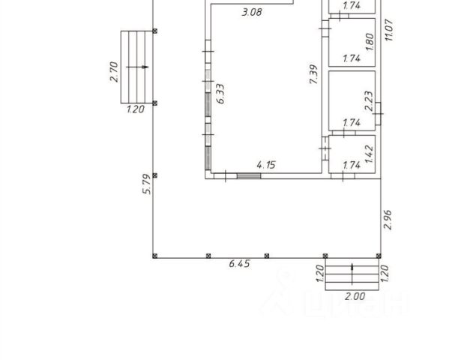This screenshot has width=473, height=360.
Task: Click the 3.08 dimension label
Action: [x=252, y=12]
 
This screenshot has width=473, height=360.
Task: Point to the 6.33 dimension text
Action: [x=221, y=94]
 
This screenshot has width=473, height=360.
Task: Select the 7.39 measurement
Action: [x=314, y=74]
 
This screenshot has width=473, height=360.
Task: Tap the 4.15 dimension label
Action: [x=266, y=165]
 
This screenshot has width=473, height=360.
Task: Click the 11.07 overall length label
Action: [x=389, y=30]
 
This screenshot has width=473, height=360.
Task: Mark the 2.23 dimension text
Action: [x=369, y=101]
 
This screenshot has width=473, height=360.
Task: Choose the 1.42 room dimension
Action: [x=369, y=154]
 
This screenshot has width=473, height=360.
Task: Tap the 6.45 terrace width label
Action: [x=240, y=264]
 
